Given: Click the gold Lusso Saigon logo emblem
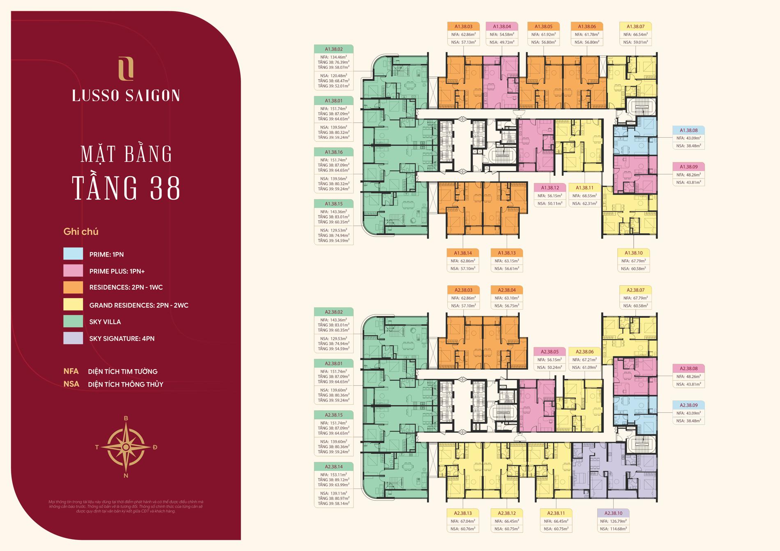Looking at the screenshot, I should [126, 69].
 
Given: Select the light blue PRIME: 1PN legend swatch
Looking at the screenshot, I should [73, 254].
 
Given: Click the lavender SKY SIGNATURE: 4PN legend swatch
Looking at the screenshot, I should [73, 338].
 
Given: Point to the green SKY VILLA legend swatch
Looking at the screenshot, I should [73, 321].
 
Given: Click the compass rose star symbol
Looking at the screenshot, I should [126, 447].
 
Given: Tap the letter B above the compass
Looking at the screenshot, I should [126, 418].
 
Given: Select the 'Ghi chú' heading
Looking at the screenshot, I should [81, 232].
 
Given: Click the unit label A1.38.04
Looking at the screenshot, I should [502, 27].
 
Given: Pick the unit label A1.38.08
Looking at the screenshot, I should [688, 131].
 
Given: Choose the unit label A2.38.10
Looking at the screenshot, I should [613, 513].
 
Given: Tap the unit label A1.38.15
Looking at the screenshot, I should [333, 204].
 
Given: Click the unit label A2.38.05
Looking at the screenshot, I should [550, 352].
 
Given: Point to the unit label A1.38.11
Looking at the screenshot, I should [585, 188].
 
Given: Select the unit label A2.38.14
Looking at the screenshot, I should [333, 466].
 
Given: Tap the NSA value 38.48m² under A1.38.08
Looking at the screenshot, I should [688, 146].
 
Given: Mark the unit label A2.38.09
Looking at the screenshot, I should [688, 405].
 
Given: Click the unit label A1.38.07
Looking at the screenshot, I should [635, 27].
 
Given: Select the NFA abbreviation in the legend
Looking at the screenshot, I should [71, 371].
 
